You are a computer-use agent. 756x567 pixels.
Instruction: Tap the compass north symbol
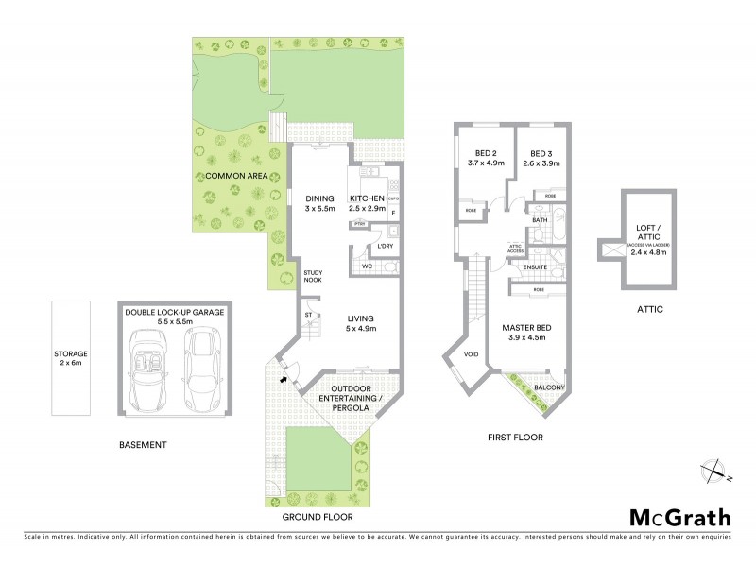714,470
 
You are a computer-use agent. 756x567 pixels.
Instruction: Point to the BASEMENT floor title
144,445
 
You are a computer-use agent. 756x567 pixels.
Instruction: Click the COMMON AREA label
235,176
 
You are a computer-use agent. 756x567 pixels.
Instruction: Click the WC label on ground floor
367,267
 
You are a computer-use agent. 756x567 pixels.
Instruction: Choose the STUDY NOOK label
313,277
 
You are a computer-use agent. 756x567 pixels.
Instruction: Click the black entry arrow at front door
283,380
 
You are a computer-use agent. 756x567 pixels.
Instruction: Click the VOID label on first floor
472,355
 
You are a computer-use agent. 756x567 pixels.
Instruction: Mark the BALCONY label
548,387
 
